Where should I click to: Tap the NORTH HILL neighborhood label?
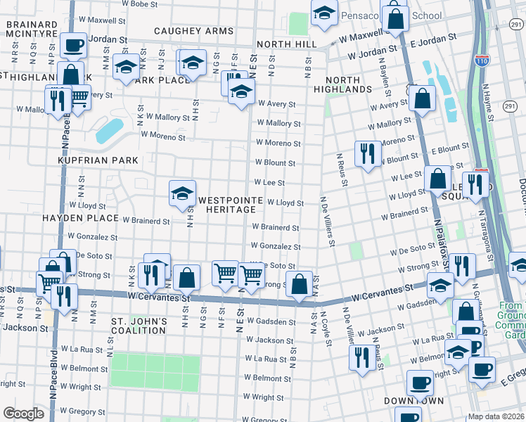coord(287,44)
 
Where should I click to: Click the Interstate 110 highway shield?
coord(482,61)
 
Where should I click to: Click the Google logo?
coord(24,414)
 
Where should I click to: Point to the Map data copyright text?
coord(496,416)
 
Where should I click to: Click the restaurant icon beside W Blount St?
coord(367,153)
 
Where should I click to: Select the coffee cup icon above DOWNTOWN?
coord(420,383)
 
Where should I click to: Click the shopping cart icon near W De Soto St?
coord(225,272)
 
